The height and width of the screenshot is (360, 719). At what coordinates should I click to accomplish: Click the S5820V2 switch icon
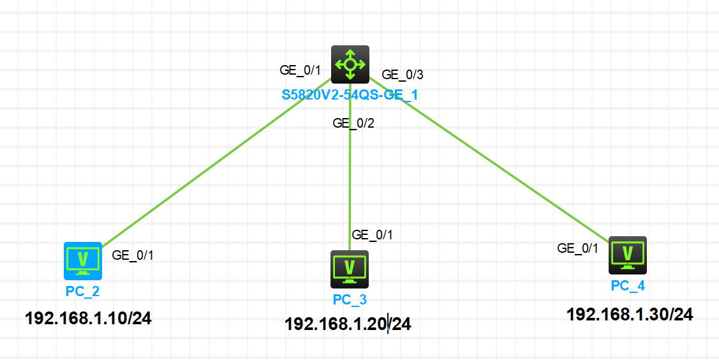tap(350, 64)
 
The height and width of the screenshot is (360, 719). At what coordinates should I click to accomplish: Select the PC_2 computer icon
tap(83, 260)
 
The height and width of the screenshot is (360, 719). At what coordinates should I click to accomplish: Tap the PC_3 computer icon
tap(350, 269)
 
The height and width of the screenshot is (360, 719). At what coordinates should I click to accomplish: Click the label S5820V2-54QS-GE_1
tap(350, 96)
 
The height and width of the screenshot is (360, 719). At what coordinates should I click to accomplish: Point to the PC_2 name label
tap(82, 292)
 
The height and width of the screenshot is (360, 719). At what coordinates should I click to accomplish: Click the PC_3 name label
tap(350, 299)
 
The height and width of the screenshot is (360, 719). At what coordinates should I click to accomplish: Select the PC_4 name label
tap(628, 286)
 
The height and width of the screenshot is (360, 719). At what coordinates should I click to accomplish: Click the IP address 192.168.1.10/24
tap(88, 318)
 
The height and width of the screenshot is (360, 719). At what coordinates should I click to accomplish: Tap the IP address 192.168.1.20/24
tap(348, 325)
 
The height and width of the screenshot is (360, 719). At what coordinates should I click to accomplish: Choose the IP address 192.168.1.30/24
tap(630, 314)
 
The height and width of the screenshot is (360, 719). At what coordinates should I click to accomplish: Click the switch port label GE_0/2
tap(353, 123)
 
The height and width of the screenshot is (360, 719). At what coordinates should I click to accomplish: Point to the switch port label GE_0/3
tap(403, 75)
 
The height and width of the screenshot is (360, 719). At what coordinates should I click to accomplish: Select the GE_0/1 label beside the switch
tap(300, 70)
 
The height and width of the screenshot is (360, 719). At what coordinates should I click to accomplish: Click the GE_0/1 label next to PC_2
tap(133, 255)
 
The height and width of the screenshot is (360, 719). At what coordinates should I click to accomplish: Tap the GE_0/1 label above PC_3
tap(373, 235)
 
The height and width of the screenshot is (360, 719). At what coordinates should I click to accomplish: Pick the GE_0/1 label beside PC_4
tap(578, 248)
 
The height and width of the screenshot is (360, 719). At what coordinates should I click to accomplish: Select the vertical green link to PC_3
tap(350, 179)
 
